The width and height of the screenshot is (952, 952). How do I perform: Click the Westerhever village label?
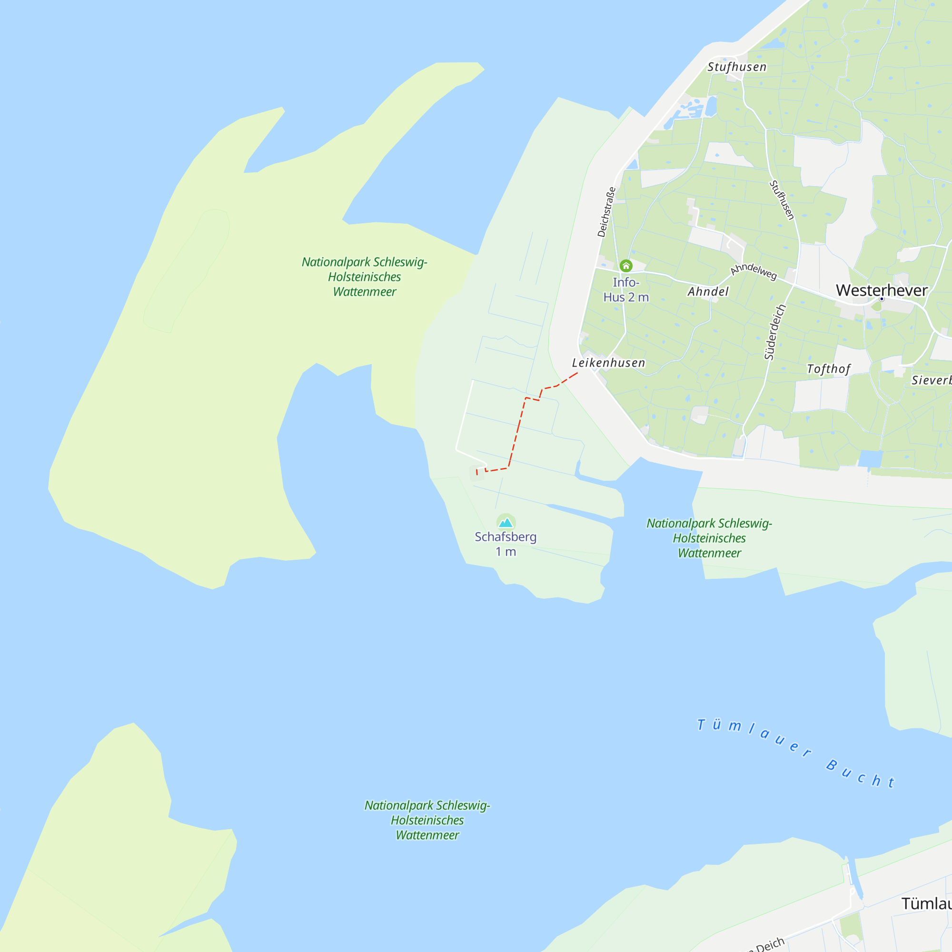click(882, 290)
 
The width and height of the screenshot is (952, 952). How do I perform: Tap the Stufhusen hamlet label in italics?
click(737, 67)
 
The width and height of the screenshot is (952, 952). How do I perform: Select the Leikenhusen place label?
click(608, 363)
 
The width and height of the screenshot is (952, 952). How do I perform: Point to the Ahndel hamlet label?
click(708, 292)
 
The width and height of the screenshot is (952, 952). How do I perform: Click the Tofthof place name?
click(828, 369)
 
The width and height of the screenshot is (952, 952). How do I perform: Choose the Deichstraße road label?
click(606, 212)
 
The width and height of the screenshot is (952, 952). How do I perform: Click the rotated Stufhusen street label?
click(782, 200)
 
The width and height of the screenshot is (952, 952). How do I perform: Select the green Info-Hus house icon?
click(626, 266)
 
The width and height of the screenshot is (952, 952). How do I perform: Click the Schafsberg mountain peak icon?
click(506, 522)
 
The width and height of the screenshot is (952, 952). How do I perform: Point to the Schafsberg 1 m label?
click(506, 544)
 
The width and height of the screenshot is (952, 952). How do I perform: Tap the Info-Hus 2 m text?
click(626, 290)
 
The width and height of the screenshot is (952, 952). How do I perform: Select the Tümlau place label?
click(926, 903)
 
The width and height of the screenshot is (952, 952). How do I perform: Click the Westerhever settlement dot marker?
click(882, 299)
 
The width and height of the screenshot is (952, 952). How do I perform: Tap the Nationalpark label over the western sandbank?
click(364, 277)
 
